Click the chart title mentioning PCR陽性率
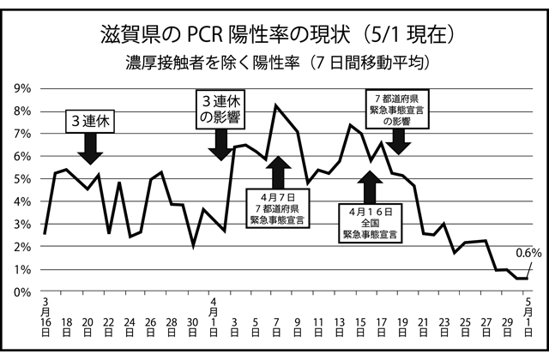274,34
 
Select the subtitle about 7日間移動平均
274,63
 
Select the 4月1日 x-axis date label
214,315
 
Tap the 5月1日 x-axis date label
528,315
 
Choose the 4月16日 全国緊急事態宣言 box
372,222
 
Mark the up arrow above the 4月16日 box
370,186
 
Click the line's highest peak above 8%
275,105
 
